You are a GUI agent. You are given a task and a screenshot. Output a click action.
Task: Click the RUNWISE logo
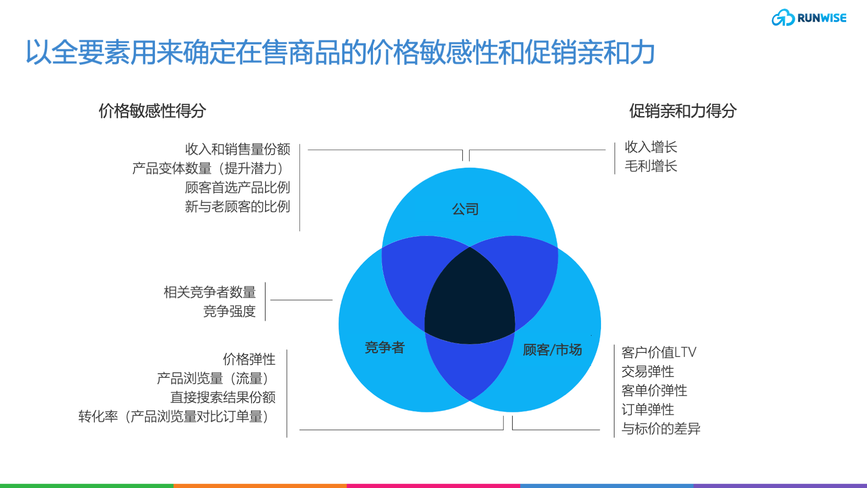pyautogui.click(x=809, y=18)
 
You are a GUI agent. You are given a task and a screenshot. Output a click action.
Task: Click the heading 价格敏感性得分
pyautogui.click(x=152, y=111)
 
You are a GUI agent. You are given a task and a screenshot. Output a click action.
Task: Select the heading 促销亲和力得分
pyautogui.click(x=683, y=111)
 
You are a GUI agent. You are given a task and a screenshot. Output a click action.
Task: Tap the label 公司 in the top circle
pyautogui.click(x=465, y=209)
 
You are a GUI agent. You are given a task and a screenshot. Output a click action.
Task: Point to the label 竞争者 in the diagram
pyautogui.click(x=384, y=347)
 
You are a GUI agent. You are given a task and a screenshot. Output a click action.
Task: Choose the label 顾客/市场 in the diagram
pyautogui.click(x=552, y=350)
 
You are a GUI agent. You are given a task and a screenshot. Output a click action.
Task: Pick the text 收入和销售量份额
pyautogui.click(x=238, y=149)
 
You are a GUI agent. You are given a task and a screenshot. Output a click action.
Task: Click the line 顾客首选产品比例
pyautogui.click(x=238, y=187)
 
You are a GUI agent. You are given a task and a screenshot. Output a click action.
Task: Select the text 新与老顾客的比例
pyautogui.click(x=238, y=206)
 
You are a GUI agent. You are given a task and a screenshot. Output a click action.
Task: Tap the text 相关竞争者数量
pyautogui.click(x=210, y=292)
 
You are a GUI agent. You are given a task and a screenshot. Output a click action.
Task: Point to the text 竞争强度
pyautogui.click(x=229, y=311)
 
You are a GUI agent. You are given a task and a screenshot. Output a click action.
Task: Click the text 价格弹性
pyautogui.click(x=249, y=359)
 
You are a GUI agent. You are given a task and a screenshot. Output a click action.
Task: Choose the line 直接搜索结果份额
pyautogui.click(x=223, y=397)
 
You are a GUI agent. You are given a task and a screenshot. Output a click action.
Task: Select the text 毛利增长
pyautogui.click(x=651, y=166)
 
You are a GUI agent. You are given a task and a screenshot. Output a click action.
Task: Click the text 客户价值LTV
pyautogui.click(x=659, y=352)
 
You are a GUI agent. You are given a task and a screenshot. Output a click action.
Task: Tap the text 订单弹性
pyautogui.click(x=648, y=409)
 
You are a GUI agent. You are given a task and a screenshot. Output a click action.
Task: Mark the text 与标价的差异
pyautogui.click(x=661, y=428)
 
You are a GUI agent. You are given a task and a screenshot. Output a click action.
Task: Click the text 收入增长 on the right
pyautogui.click(x=651, y=147)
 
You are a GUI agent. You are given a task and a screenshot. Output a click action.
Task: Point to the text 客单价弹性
pyautogui.click(x=654, y=390)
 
